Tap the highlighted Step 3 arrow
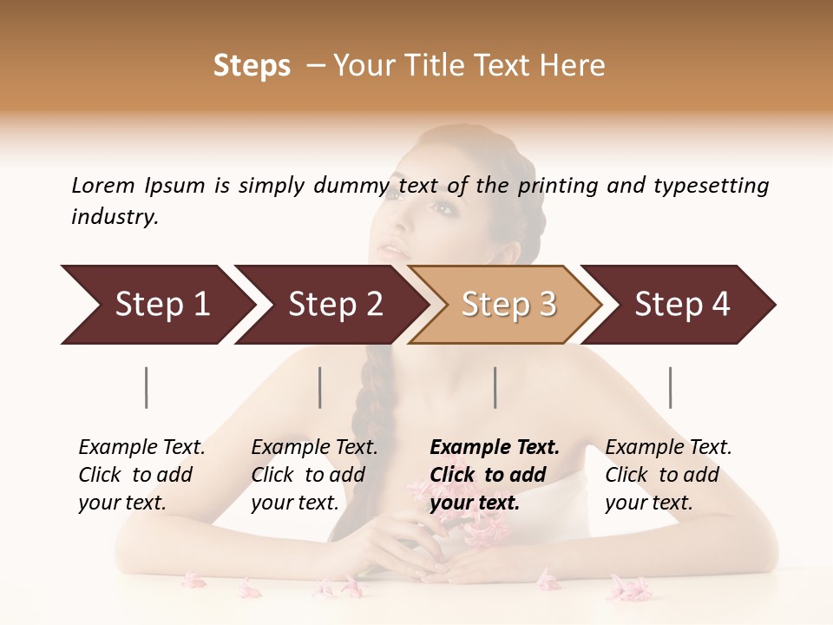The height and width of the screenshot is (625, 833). pyautogui.click(x=508, y=305)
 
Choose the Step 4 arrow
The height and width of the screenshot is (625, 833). pyautogui.click(x=682, y=305)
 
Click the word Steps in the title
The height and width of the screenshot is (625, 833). pyautogui.click(x=252, y=66)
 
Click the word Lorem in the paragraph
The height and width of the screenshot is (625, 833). pyautogui.click(x=102, y=185)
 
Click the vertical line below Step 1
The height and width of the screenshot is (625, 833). pyautogui.click(x=147, y=387)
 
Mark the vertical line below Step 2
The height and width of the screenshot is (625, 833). pyautogui.click(x=320, y=387)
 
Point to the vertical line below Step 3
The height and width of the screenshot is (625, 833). pyautogui.click(x=495, y=387)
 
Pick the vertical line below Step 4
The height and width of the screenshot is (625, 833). pyautogui.click(x=670, y=387)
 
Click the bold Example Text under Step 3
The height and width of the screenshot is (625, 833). pyautogui.click(x=495, y=448)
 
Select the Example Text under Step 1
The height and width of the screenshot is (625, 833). pyautogui.click(x=141, y=448)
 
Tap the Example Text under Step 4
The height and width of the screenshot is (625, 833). pyautogui.click(x=668, y=448)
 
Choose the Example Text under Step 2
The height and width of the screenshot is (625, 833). pyautogui.click(x=314, y=448)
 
